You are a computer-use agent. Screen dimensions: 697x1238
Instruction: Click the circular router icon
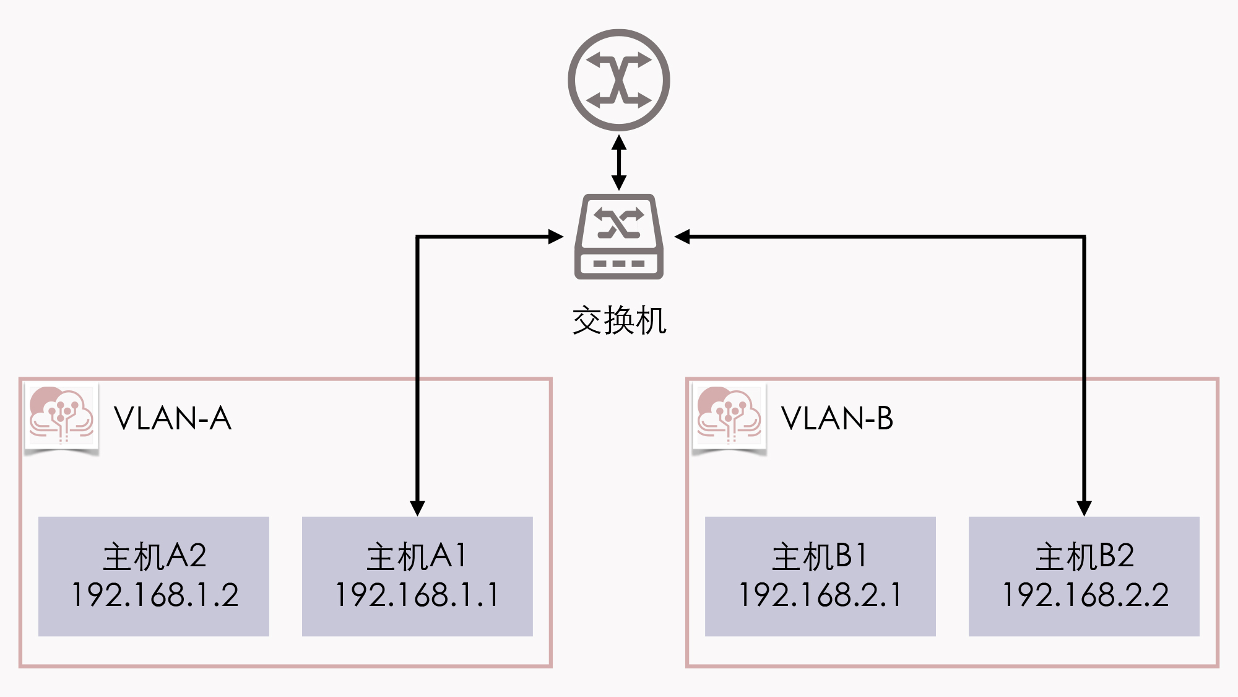(619, 80)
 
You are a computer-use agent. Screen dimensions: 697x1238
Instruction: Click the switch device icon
(619, 237)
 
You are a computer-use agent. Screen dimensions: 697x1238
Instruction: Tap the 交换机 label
(619, 321)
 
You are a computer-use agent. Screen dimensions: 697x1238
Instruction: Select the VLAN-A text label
(173, 419)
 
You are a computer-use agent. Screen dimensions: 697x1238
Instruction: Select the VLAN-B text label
(837, 419)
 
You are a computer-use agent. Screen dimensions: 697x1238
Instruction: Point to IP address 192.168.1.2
(155, 595)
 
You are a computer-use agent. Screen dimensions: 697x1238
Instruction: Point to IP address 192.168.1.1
(417, 595)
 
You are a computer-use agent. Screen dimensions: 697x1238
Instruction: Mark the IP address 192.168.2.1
(820, 595)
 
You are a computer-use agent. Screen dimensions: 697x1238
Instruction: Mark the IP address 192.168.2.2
(1085, 595)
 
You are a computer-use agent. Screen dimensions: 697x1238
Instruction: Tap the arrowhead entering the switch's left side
(555, 237)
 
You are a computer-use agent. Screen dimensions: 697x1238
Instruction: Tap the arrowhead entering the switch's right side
(682, 237)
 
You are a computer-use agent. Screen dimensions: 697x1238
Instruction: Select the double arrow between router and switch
(619, 162)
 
